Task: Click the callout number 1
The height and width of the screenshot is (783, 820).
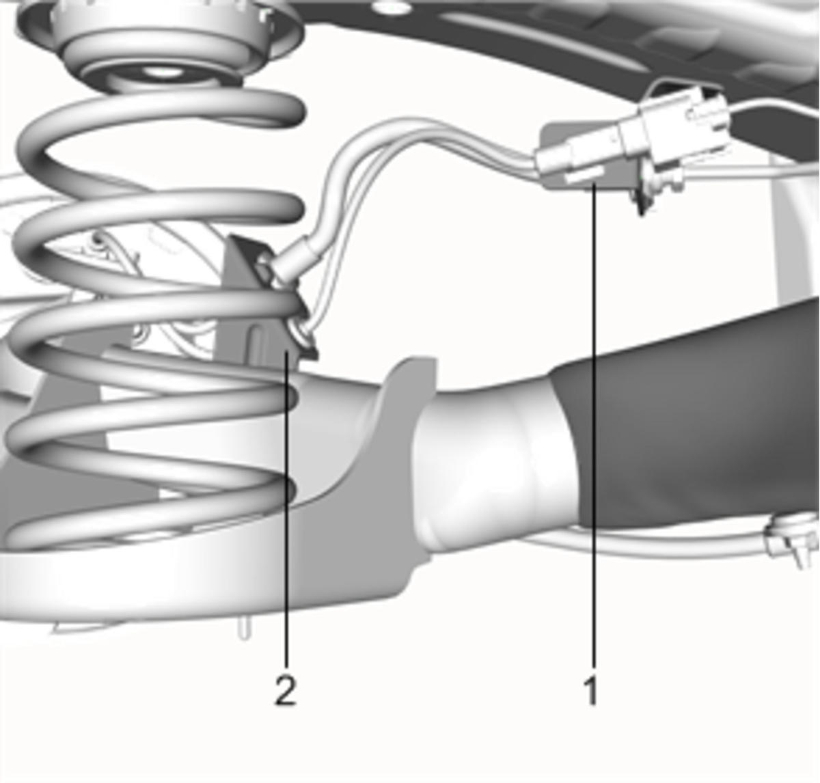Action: click(x=591, y=690)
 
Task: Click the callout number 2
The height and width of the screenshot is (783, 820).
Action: click(x=285, y=690)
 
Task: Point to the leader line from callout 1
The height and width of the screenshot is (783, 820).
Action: click(x=593, y=425)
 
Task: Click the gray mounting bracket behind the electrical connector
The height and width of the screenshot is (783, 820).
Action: click(x=590, y=156)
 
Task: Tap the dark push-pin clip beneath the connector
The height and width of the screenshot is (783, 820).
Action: click(x=642, y=203)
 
